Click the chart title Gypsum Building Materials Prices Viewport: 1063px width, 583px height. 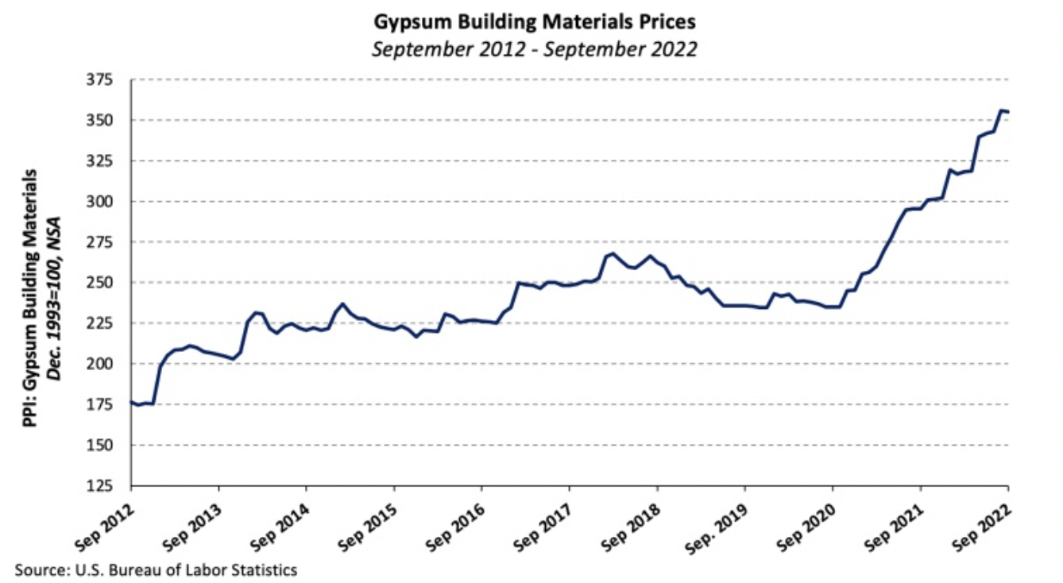tap(535, 22)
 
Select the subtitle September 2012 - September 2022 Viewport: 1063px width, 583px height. tap(535, 48)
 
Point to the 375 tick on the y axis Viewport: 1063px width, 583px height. tap(103, 80)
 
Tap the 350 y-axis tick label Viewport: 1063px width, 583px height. tap(103, 121)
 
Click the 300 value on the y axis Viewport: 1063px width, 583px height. tap(103, 202)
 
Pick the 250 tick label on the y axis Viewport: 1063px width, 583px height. tap(103, 283)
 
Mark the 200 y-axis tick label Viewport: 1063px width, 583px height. tap(103, 364)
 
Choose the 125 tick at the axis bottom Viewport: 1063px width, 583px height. tap(103, 485)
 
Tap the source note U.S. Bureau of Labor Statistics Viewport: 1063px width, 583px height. tap(156, 569)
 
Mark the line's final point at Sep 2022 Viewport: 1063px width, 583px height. tap(1008, 112)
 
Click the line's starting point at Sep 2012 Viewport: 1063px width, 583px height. tap(132, 403)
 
